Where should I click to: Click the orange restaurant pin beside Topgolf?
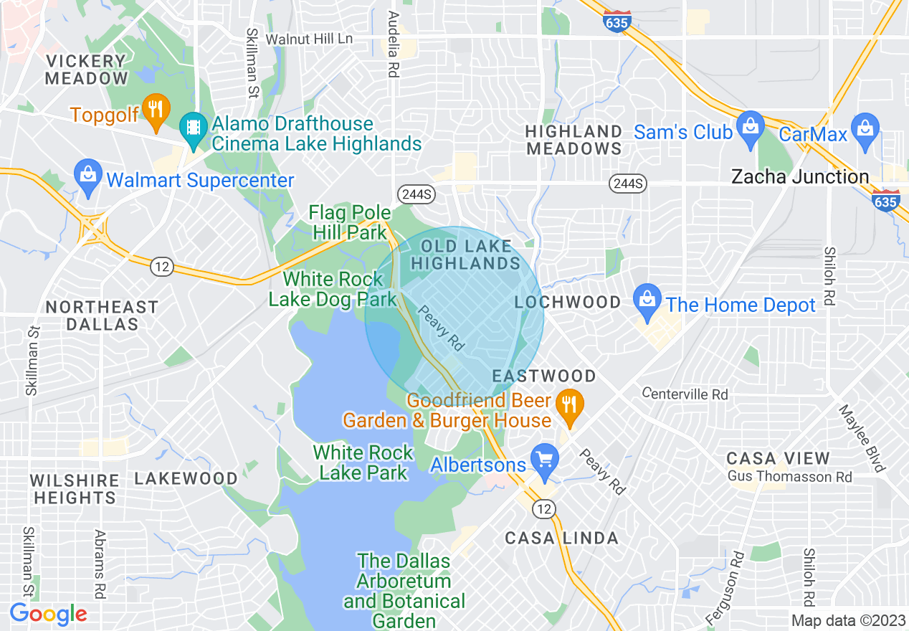(155, 110)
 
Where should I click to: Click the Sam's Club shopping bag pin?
(751, 128)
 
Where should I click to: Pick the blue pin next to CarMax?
(867, 129)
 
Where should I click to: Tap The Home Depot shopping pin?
(647, 301)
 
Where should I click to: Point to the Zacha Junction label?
(799, 176)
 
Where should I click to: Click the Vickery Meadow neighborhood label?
(86, 70)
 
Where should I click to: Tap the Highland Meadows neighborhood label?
(574, 140)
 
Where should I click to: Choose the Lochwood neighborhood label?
(568, 302)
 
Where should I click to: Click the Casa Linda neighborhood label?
(561, 538)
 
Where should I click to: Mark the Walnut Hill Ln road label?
(309, 39)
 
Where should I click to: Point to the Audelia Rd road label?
(392, 43)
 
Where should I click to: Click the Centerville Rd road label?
(685, 394)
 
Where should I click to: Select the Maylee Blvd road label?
(861, 438)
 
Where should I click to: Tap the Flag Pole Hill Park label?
(350, 222)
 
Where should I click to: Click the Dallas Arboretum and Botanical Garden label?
(404, 591)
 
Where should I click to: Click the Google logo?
(48, 614)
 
